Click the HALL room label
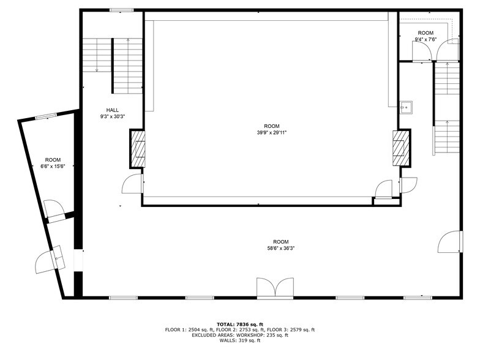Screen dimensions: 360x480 click(x=113, y=111)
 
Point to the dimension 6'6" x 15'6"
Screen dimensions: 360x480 click(x=53, y=166)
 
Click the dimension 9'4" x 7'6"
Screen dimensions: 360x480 click(x=426, y=40)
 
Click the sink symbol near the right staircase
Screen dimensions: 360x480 click(x=405, y=108)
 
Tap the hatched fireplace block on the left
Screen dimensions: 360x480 click(x=138, y=149)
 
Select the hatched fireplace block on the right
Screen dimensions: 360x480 click(x=401, y=147)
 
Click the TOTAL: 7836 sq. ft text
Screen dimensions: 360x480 click(x=240, y=324)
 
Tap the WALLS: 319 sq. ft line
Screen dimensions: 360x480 click(x=240, y=340)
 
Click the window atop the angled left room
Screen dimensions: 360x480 click(x=46, y=116)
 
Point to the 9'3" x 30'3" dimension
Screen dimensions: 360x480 click(x=113, y=116)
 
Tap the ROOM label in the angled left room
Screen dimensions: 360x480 click(x=53, y=160)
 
